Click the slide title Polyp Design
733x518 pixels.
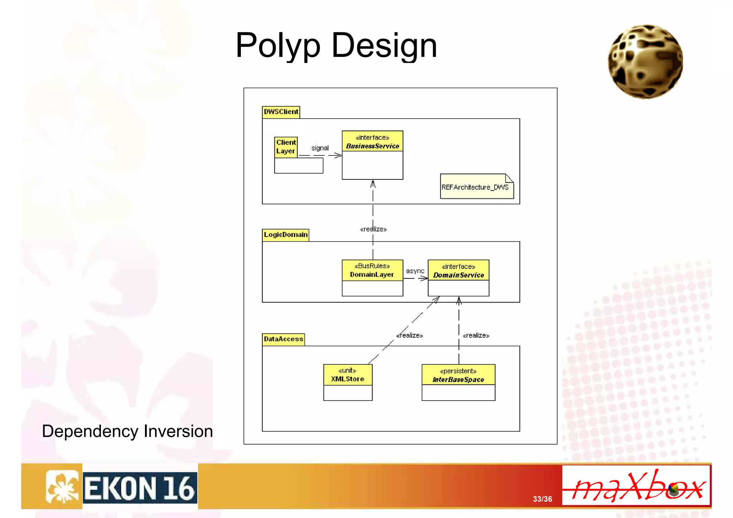pos(336,45)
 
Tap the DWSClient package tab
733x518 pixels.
pos(281,112)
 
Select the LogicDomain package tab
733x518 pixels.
pos(285,235)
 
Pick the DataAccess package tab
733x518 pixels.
pos(283,339)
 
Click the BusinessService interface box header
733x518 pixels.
pos(372,142)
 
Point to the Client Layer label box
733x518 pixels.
pos(286,147)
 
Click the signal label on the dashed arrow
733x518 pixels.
pos(320,148)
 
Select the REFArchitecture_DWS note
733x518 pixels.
pos(476,187)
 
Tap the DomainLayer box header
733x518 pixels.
pos(372,270)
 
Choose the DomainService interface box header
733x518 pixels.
pos(458,271)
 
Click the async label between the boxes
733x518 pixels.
pos(415,271)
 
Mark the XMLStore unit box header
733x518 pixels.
pos(348,375)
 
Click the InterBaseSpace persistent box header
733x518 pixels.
pos(458,375)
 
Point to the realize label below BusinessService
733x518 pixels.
pos(373,229)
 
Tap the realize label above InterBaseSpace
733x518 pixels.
pos(476,335)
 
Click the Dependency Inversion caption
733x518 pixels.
pos(127,431)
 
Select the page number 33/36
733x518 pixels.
pos(542,499)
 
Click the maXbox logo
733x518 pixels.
pos(636,486)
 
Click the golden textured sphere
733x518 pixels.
pos(645,62)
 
